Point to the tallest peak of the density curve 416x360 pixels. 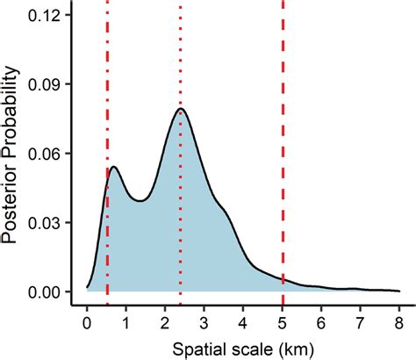tap(180, 109)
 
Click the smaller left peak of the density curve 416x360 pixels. tap(113, 167)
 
